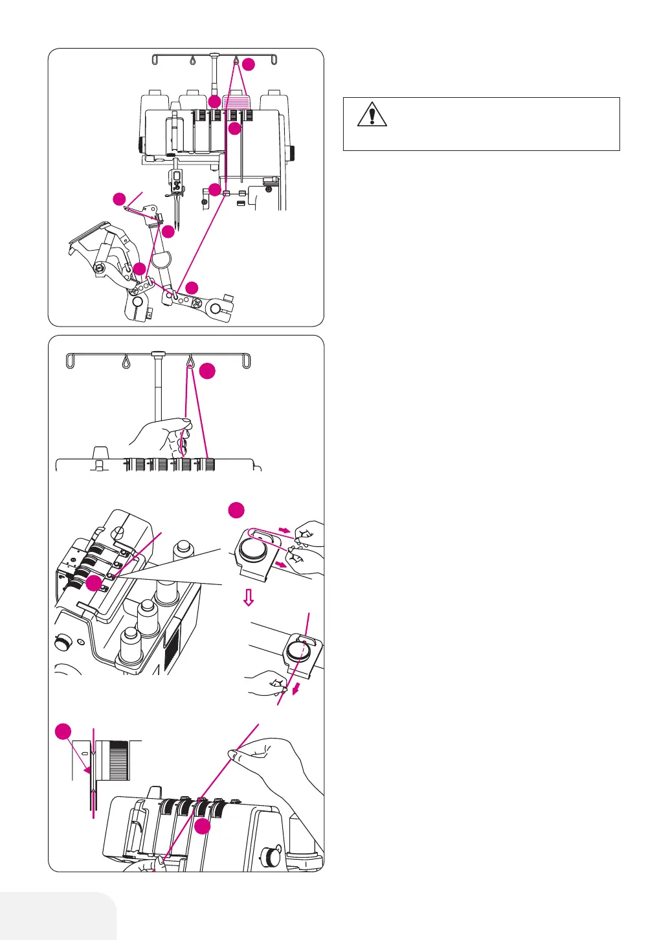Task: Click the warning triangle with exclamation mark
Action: click(372, 115)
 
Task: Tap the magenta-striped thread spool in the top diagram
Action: click(236, 101)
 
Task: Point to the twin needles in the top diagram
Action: click(175, 213)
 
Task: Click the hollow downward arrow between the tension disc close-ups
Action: click(248, 599)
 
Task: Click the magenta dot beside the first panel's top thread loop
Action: click(249, 64)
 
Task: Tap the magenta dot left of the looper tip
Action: click(119, 199)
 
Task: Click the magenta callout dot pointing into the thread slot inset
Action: click(63, 732)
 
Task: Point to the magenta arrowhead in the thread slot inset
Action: click(89, 770)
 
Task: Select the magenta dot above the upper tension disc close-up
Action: click(237, 510)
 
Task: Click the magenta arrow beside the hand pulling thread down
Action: click(295, 689)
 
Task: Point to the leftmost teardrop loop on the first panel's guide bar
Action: click(192, 60)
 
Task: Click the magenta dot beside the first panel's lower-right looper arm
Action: click(192, 288)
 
